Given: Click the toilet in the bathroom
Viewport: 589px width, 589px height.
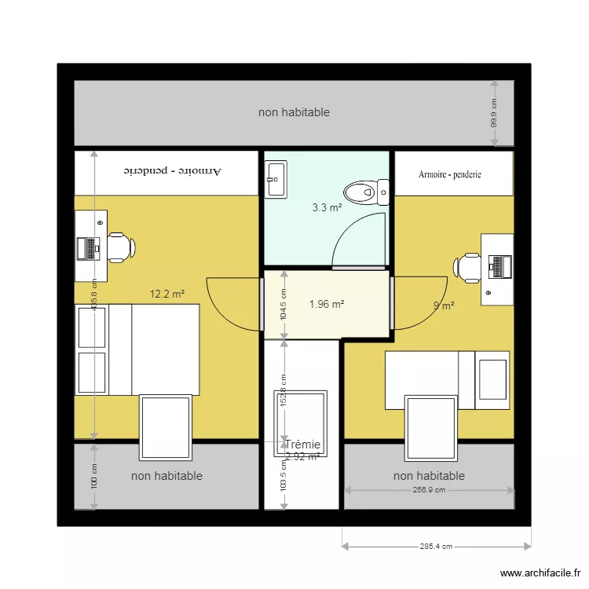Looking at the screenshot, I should coord(366,192).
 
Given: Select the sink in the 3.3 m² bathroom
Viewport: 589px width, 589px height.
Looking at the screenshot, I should coord(276,178).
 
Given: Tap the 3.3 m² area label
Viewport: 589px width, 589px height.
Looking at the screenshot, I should coord(327,208).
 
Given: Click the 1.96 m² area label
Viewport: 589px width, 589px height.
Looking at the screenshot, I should coord(327,304).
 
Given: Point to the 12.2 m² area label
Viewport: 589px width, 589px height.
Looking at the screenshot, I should coord(166,294).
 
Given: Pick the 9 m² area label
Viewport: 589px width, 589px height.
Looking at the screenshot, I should coord(444,306).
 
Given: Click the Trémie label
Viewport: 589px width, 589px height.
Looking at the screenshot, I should coord(302,444).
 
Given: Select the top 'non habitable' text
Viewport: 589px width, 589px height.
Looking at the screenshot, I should coord(294,112).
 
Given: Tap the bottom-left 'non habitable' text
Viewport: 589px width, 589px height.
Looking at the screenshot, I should coord(166,476).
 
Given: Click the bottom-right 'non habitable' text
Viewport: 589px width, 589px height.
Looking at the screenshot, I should coord(429,476).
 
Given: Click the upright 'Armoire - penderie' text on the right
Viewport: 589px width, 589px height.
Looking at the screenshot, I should coord(450,174).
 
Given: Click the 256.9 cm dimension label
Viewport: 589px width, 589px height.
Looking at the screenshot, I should coord(429,490).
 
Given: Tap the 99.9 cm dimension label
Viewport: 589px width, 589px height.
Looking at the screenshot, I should coord(494,113).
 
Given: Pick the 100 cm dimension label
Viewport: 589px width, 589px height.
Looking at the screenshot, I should coord(94,477).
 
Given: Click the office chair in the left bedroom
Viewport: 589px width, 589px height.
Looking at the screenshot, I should coord(120,247).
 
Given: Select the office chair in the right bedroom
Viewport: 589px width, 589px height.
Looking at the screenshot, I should coord(468,267).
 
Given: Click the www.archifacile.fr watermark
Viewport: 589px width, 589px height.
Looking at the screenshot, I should coord(539,573).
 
